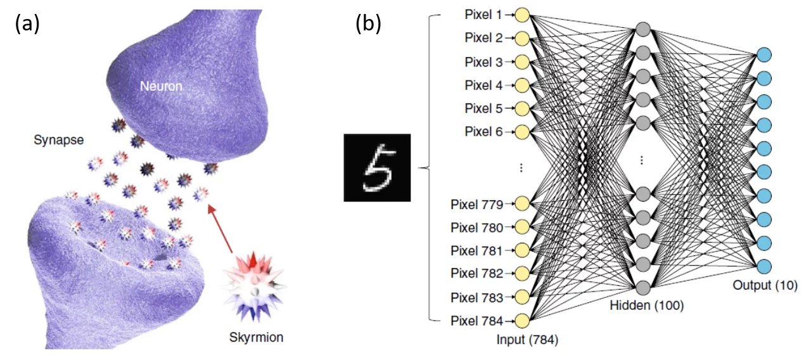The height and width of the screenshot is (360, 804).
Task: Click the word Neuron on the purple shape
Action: (x=160, y=86)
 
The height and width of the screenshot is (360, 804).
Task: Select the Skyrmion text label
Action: (x=256, y=337)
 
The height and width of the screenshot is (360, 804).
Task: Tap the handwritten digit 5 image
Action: (x=377, y=167)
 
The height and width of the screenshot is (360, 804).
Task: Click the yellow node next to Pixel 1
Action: (x=522, y=14)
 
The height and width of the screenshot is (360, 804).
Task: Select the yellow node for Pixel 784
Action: (x=522, y=320)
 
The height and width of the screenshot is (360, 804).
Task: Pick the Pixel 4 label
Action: (x=484, y=85)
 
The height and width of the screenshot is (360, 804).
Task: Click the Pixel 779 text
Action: (x=477, y=204)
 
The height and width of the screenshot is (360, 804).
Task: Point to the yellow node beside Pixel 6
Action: (x=522, y=132)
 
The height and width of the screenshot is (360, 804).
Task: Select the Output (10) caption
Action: (x=765, y=285)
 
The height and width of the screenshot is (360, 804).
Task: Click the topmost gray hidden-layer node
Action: (x=643, y=29)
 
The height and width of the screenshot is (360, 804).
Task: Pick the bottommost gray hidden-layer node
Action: (x=643, y=286)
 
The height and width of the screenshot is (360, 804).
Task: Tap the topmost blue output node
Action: (x=764, y=55)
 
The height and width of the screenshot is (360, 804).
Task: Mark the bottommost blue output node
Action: (x=764, y=266)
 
